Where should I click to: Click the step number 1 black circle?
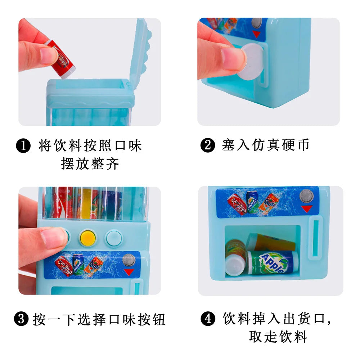23,145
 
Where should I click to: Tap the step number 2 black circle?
208,145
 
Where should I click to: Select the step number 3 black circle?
21,319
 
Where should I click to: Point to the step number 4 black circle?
208,319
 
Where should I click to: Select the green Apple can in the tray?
273,263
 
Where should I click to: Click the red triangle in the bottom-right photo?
307,209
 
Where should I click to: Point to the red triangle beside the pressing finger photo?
129,272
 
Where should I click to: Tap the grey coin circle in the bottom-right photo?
307,196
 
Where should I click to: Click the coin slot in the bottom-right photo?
316,238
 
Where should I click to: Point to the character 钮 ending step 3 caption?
159,319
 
